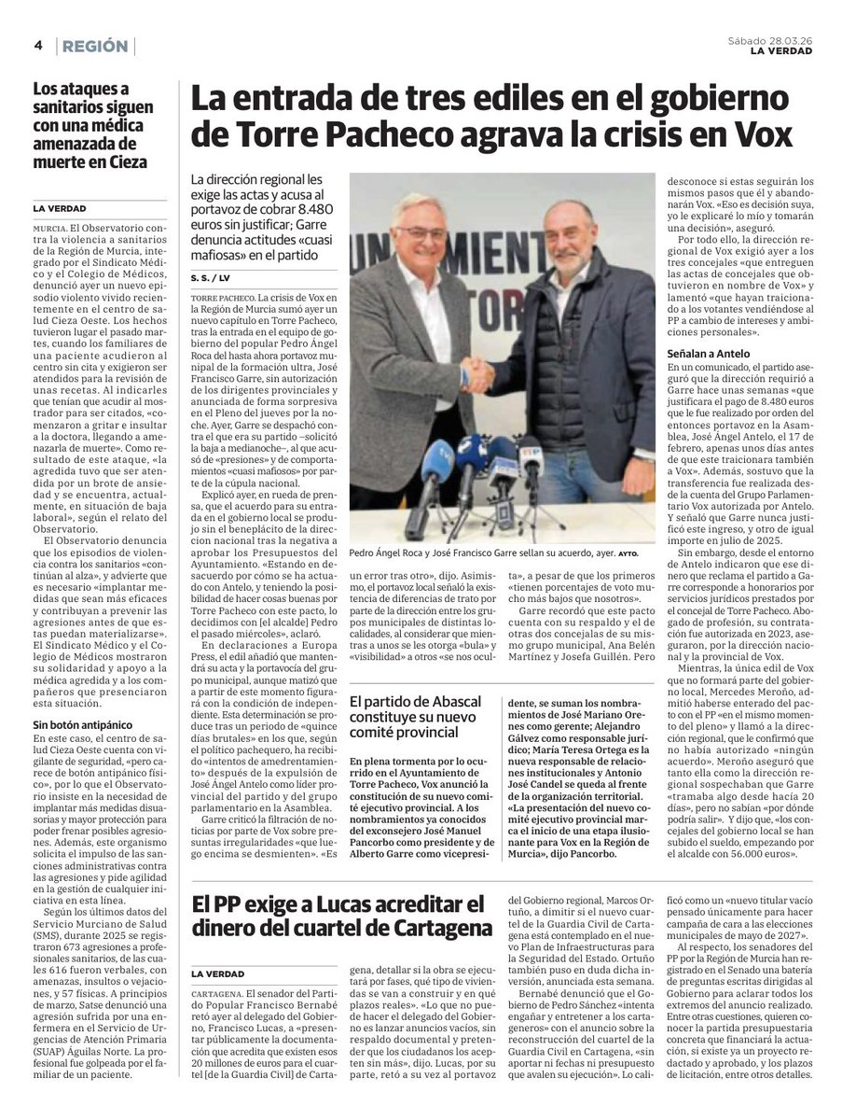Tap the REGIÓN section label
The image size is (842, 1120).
point(96,46)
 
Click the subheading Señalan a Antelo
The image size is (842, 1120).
point(711,356)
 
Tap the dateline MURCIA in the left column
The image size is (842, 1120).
point(48,227)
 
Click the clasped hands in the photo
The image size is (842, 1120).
point(477,375)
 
